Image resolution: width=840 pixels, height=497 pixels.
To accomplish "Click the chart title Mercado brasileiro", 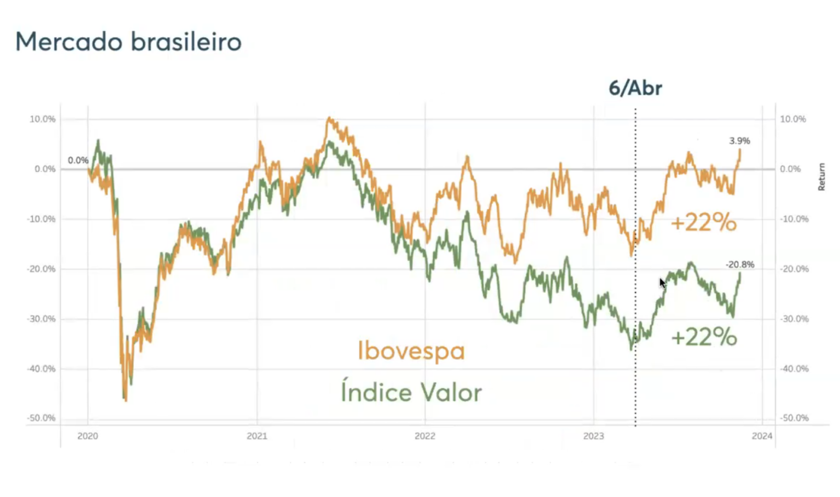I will point(129,42).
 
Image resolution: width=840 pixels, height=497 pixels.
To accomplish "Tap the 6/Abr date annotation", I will point(635,88).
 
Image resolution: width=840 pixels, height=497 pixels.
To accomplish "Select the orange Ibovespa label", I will point(411,351).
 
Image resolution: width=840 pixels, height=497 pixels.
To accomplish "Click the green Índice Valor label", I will point(411,392).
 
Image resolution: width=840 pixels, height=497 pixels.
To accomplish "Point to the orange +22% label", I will point(703,223).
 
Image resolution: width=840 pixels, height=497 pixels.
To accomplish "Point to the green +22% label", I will point(703,337).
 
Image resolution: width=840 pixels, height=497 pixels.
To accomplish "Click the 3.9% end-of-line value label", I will point(739,141).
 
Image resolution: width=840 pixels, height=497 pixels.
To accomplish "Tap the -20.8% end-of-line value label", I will point(739,265).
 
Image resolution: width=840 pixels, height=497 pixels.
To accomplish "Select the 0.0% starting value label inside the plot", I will point(78,160).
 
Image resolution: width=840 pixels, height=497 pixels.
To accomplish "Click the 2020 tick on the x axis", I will point(87,436).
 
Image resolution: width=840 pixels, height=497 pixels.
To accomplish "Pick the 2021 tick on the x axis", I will point(256,436).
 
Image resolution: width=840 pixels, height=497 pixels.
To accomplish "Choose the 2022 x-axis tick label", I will point(425,436).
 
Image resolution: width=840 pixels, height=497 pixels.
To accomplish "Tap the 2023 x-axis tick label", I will point(593,436).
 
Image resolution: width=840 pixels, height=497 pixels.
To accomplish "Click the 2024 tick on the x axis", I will point(762,436).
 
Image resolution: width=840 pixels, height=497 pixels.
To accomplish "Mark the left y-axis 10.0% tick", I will point(42,119).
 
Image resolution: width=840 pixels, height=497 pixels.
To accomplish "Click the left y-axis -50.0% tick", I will point(41,418).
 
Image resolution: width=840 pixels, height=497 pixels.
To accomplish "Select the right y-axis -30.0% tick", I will point(794,319).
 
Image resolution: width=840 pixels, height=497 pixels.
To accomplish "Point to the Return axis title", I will point(821,177).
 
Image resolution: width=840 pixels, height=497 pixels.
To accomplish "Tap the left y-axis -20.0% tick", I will point(41,269).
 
